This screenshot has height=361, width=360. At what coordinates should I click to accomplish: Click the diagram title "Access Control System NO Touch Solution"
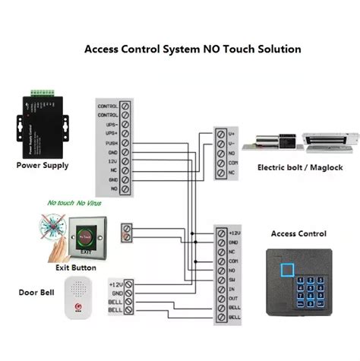tap(192, 49)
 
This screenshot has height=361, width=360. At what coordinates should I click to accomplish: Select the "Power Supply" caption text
tap(43, 165)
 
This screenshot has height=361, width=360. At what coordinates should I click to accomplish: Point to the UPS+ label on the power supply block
tap(108, 133)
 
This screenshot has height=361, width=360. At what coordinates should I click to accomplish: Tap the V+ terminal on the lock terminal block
tap(221, 134)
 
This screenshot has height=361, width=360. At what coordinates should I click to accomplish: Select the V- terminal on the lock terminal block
tap(221, 144)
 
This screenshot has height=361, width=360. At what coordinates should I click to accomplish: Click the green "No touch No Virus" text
tap(76, 203)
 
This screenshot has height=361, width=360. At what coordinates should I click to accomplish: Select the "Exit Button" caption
tap(76, 268)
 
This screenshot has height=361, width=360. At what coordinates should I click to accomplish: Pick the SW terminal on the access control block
tap(220, 281)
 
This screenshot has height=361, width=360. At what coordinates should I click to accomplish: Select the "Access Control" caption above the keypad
tap(298, 234)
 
